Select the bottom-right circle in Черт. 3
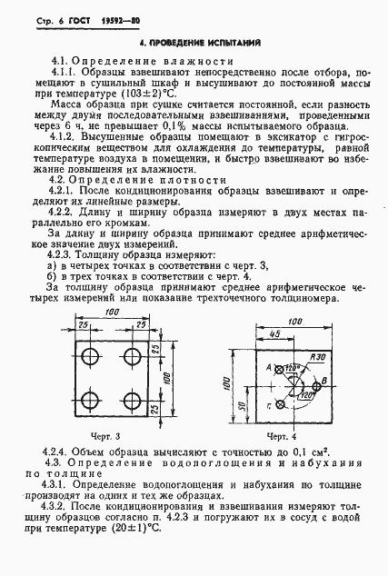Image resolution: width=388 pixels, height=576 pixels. [x=134, y=398]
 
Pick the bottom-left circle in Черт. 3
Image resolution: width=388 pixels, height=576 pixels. [x=93, y=398]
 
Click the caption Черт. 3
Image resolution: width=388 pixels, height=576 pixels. [x=107, y=438]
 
